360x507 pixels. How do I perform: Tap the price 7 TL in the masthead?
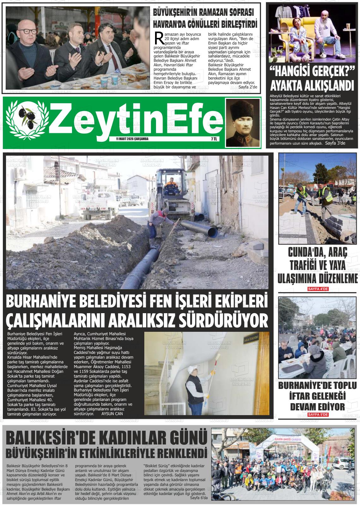point(214,139)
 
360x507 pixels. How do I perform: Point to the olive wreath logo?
point(26,121)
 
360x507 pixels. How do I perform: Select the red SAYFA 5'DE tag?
point(318,414)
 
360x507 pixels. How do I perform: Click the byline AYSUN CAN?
point(112,414)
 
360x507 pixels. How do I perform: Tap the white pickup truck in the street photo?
point(97,205)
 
